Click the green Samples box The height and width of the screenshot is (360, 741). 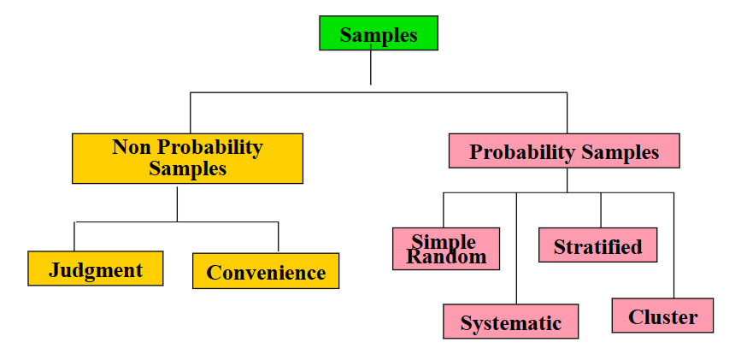[x=378, y=34]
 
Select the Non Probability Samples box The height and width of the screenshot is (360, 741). [x=187, y=158]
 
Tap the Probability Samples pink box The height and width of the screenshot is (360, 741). [x=564, y=151]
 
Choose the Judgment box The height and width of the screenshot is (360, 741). [x=96, y=269]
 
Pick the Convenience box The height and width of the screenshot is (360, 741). [x=266, y=271]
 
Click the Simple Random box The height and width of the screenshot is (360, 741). [x=446, y=249]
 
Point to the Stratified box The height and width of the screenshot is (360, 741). [x=597, y=245]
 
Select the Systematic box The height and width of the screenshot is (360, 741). [x=510, y=322]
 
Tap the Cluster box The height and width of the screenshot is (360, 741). [x=662, y=316]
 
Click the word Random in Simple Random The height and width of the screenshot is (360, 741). [x=446, y=257]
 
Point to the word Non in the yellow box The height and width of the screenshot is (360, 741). [x=132, y=147]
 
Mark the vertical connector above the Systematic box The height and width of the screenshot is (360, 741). [x=516, y=248]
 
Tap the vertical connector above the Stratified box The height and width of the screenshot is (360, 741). [x=600, y=210]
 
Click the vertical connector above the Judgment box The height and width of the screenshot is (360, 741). [x=74, y=236]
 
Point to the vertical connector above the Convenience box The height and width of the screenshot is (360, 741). [x=278, y=237]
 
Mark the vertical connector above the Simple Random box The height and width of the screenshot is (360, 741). [x=444, y=210]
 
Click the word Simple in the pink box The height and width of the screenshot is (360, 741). [x=443, y=239]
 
